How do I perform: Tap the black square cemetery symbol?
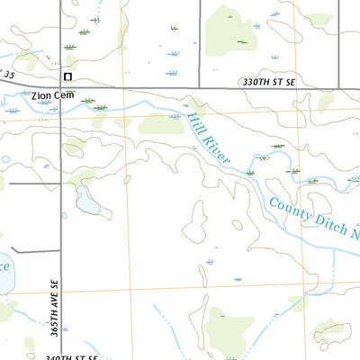click(x=67, y=77)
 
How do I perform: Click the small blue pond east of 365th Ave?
click(x=87, y=202)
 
